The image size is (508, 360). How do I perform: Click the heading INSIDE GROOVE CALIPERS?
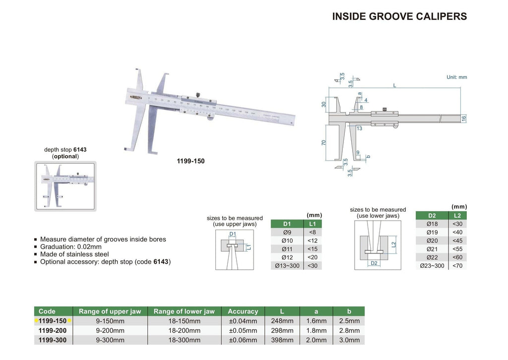tap(399, 16)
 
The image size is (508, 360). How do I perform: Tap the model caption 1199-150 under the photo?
tap(190, 161)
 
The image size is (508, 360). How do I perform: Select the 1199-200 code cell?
tap(53, 330)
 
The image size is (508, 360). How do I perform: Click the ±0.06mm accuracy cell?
tap(243, 340)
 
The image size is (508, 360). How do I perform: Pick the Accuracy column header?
tap(243, 311)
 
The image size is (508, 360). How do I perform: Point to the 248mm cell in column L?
tap(282, 321)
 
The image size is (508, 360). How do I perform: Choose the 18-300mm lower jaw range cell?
tap(184, 340)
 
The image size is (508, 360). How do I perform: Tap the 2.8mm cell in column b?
tap(349, 330)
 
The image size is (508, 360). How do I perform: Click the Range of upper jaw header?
tap(110, 311)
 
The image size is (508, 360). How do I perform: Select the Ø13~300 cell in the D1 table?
tap(287, 266)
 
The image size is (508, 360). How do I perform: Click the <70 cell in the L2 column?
tap(457, 266)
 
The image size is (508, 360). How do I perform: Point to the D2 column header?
tap(432, 215)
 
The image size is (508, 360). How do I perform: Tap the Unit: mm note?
tap(456, 77)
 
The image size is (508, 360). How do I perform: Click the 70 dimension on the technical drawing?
tap(323, 142)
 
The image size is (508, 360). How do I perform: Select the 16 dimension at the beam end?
tap(464, 118)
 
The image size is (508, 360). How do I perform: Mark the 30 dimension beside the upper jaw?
tap(323, 104)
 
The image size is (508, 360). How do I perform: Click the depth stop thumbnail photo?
tap(65, 186)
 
